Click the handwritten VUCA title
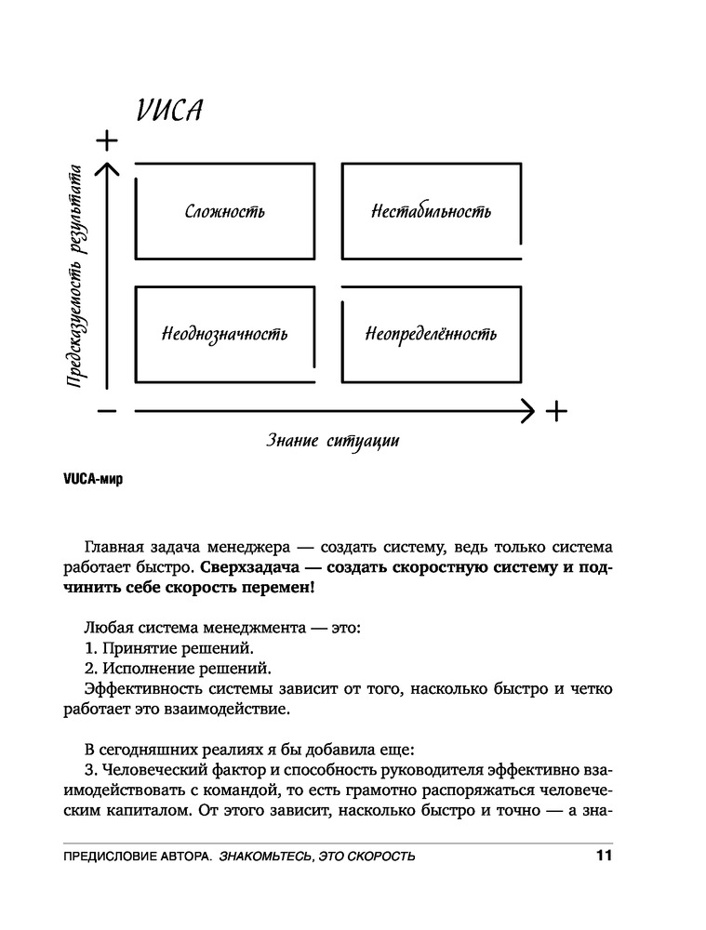170,111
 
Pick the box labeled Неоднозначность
224,334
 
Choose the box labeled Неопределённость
431,334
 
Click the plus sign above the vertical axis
108,140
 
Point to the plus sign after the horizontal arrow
555,410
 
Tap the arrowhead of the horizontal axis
528,410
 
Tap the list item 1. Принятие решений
168,648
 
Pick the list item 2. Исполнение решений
177,669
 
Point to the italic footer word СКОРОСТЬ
378,857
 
